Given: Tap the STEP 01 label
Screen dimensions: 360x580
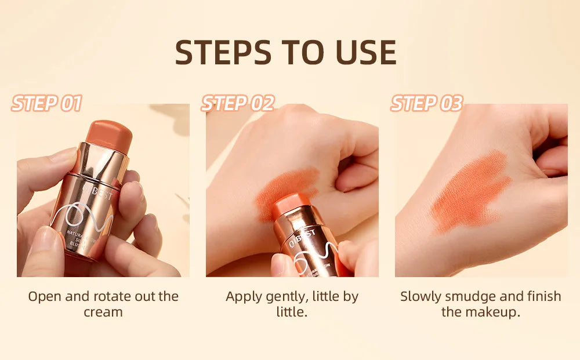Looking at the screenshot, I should [46, 104].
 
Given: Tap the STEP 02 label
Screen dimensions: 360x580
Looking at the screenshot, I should [237, 104].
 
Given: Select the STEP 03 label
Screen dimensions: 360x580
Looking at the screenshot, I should [427, 104].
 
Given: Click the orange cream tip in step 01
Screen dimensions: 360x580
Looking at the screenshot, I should [108, 134].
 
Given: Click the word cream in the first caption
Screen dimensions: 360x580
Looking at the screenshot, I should [103, 312].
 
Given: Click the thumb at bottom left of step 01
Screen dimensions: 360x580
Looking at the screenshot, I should [41, 249].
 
